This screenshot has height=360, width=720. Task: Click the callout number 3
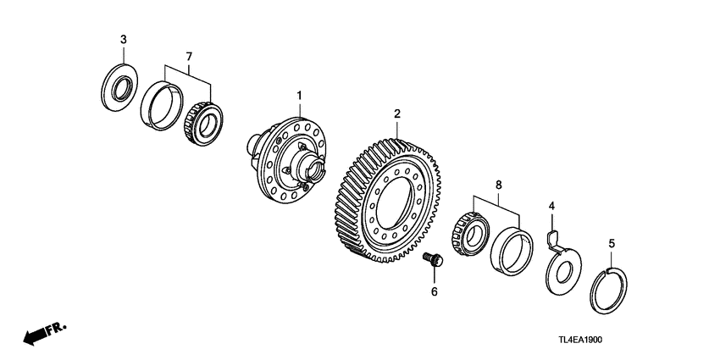coord(124,40)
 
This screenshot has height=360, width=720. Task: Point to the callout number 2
coord(396,113)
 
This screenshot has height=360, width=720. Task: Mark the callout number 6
coord(434,291)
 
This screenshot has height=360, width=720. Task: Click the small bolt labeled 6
coord(434,260)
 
